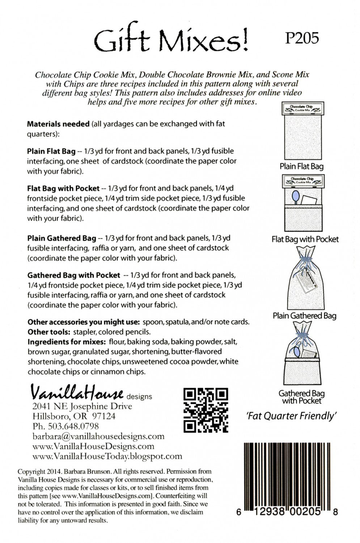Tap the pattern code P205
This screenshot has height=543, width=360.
click(302, 38)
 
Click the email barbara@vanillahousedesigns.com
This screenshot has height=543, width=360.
click(98, 436)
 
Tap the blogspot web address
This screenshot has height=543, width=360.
click(107, 456)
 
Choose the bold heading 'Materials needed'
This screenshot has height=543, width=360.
click(58, 124)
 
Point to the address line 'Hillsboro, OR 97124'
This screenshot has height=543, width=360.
click(74, 416)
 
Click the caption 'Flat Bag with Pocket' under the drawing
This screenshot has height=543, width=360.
click(305, 239)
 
